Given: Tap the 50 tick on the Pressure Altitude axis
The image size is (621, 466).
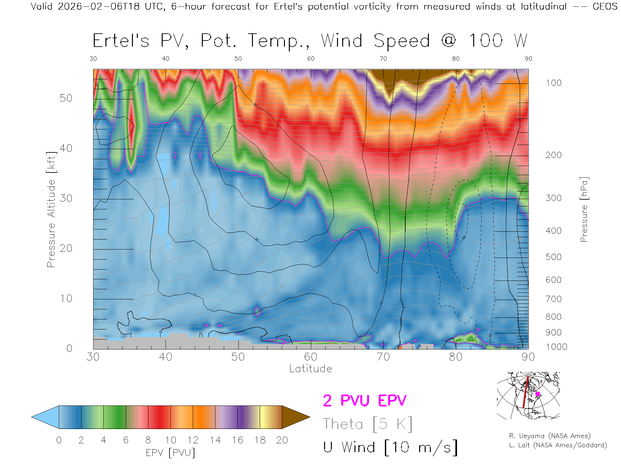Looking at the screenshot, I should coord(66,98).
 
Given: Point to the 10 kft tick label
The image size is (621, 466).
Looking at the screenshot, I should coord(66,298).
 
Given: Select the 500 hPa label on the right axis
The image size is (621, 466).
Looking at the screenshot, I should coord(554,257).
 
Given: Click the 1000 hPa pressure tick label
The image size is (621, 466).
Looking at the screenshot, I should coord(556,347).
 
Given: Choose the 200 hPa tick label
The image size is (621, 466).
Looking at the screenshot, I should coord(554,155).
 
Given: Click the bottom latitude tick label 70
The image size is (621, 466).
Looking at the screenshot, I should coord(383,357).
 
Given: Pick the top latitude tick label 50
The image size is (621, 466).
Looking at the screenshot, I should coord(238,59).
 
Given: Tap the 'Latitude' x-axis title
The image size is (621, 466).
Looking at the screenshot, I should coord(310,369).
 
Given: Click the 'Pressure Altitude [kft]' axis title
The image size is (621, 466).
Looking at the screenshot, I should coord(51,209).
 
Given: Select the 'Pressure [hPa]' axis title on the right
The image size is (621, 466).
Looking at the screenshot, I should coord(584,209).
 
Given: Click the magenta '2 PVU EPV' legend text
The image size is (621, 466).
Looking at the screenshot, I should coord(365,401).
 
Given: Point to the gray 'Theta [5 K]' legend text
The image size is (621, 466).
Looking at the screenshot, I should coord(367,424).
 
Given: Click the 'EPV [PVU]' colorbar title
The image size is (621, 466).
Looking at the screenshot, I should coord(170,453).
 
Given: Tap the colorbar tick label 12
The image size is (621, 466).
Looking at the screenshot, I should coord(193,440).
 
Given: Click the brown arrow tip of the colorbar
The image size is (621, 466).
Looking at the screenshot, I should coord(301,417).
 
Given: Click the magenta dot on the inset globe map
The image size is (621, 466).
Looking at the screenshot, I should coord(538,394).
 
